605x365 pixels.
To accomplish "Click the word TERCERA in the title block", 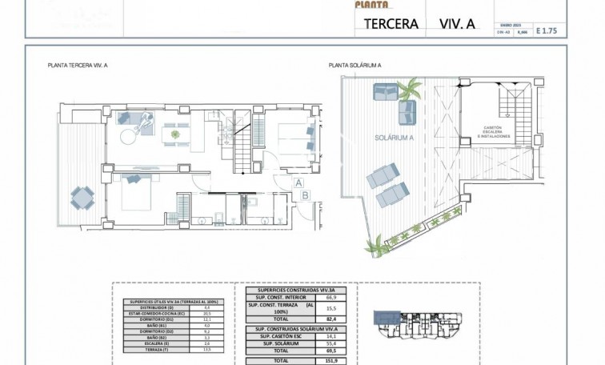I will [x=391, y=23].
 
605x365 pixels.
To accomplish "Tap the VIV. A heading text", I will [x=457, y=23].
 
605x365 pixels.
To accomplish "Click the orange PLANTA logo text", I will [x=371, y=5].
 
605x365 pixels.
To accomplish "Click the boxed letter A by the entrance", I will [x=298, y=182].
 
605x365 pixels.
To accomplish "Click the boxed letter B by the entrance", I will [x=305, y=195].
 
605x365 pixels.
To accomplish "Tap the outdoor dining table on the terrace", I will [x=82, y=195].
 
